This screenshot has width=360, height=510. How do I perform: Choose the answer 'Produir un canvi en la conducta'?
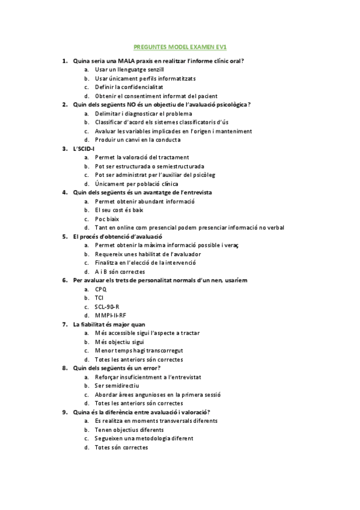(x=138, y=140)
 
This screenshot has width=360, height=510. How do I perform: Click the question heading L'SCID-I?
(x=84, y=149)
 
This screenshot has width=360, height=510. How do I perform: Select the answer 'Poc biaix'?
(x=106, y=219)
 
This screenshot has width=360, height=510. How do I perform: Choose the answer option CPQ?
(x=100, y=289)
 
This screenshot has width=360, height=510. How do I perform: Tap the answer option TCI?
(x=99, y=298)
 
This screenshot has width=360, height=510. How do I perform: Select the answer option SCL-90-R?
(x=106, y=307)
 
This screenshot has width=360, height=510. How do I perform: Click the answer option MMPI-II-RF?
(x=111, y=315)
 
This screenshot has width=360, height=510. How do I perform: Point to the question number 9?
(x=64, y=412)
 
